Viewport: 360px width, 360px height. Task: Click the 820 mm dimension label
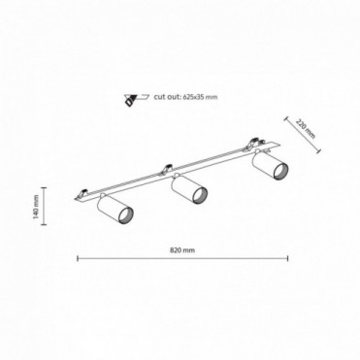182,250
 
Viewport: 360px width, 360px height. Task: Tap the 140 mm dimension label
36,206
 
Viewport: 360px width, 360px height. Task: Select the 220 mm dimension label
305,129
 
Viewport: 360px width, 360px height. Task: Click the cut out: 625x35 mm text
185,97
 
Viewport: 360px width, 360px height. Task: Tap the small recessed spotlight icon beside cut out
136,99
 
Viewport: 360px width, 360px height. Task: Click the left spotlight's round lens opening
126,214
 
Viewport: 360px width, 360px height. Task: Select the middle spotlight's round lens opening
201,195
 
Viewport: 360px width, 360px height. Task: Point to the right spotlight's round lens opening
280,171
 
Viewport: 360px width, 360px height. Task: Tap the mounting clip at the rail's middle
167,168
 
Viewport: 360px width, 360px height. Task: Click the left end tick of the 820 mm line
78,258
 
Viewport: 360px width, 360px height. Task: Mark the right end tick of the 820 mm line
287,258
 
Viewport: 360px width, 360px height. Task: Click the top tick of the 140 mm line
44,187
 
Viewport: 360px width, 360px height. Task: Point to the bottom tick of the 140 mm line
44,224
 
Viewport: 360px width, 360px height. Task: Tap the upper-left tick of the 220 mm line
286,118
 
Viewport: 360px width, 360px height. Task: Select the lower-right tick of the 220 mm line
319,150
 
